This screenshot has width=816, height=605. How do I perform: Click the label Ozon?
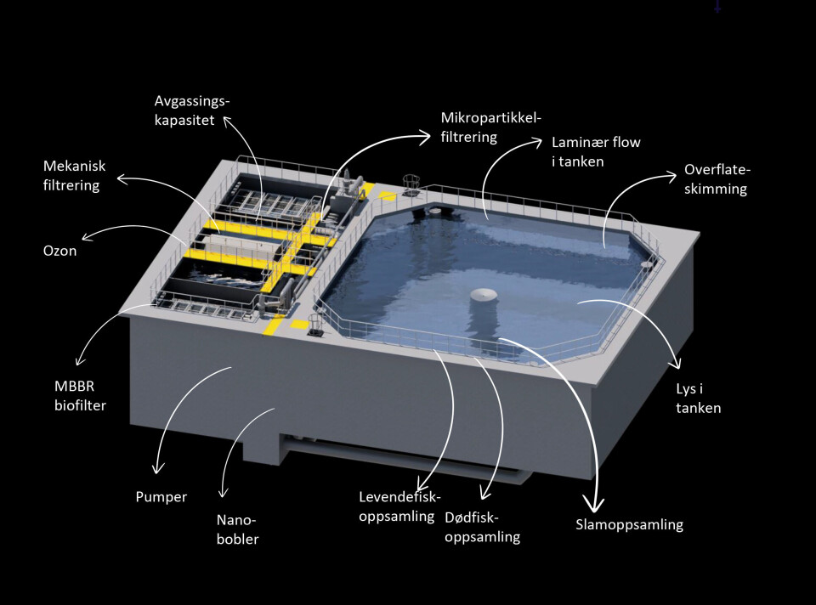tap(59, 251)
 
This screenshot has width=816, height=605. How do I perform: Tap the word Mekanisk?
tap(75, 166)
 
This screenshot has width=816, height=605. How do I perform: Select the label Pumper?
tap(161, 497)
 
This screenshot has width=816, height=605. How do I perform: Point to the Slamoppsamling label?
tap(629, 525)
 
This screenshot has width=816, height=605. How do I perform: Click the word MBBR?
tap(75, 387)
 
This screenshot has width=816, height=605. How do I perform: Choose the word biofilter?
tap(80, 406)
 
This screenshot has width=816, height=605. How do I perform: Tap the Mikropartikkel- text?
tap(491, 118)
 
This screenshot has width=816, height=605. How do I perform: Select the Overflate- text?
tap(717, 170)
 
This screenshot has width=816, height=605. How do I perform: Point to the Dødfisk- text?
tap(472, 517)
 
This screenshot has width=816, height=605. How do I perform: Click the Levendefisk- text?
tap(399, 497)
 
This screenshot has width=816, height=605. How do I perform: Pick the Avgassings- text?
tap(192, 101)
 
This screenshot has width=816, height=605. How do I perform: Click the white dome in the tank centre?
tap(484, 296)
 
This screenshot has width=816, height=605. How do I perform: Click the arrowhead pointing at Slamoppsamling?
tap(594, 504)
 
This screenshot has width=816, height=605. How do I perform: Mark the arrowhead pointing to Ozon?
tap(87, 237)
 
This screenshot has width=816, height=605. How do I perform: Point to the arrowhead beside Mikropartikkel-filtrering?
tap(425, 136)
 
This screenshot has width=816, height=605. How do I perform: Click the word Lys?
tap(686, 389)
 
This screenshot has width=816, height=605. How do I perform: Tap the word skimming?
tap(716, 189)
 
